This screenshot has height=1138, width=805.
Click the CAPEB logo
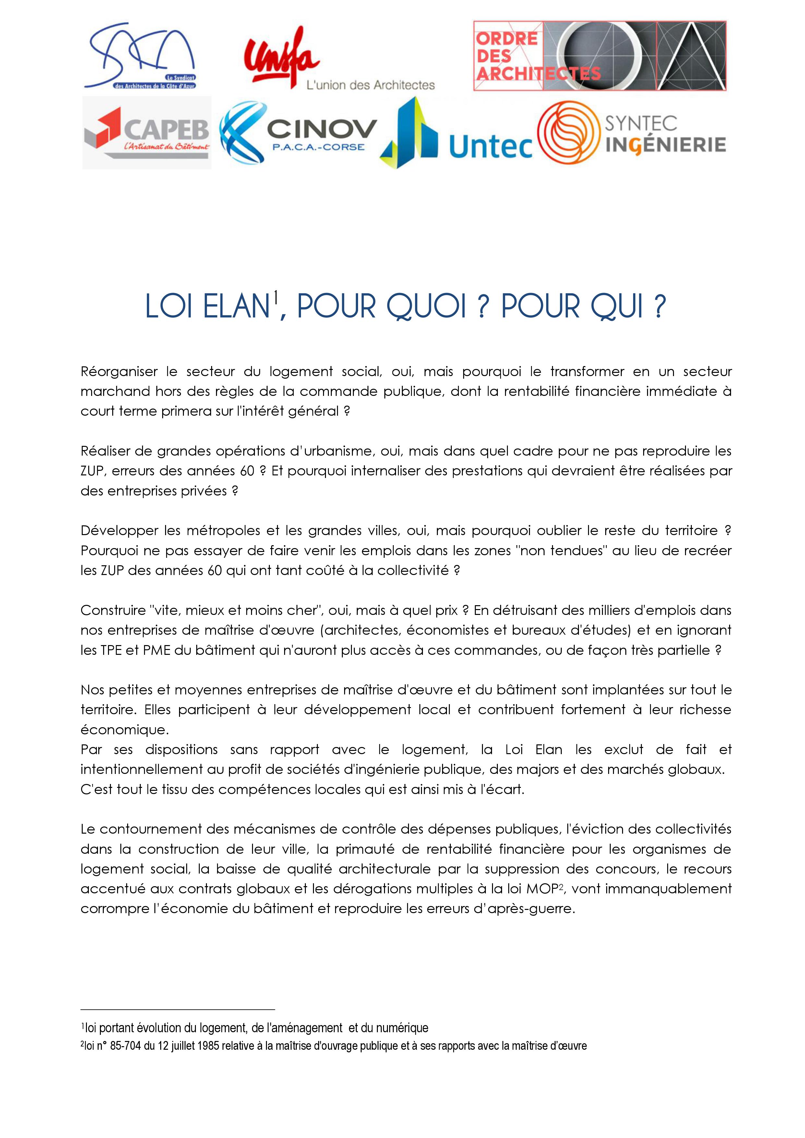tap(147, 133)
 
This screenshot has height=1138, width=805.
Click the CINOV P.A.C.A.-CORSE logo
tap(297, 134)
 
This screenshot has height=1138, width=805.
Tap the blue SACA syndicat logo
tap(141, 56)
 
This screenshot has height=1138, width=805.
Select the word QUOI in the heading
tap(426, 307)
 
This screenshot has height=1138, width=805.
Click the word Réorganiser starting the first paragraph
tap(119, 372)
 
